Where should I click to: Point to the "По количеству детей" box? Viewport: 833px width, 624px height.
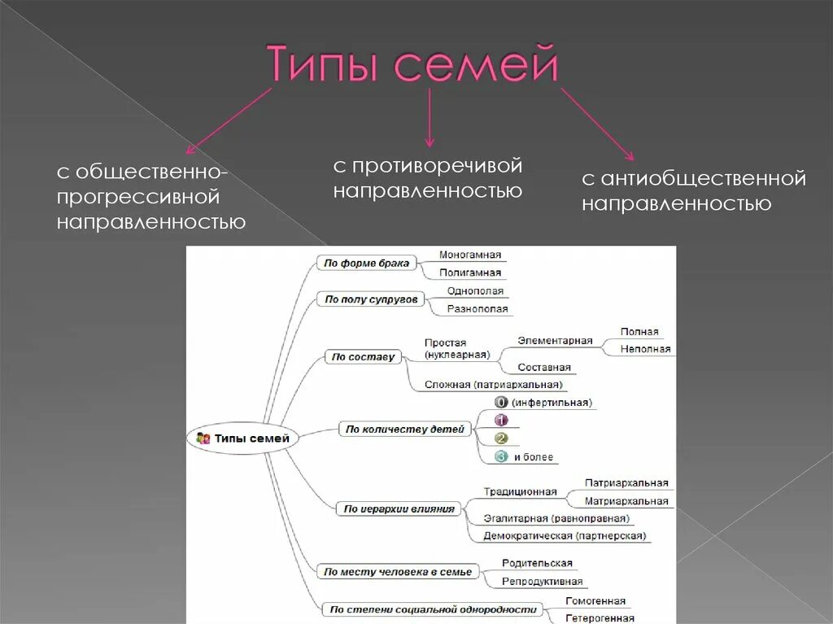pyautogui.click(x=404, y=429)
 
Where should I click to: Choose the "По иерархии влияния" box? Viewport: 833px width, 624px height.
pyautogui.click(x=399, y=508)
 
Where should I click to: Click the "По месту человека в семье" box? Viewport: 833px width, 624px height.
pyautogui.click(x=397, y=572)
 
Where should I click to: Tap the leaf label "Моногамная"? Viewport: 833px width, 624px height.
pyautogui.click(x=470, y=255)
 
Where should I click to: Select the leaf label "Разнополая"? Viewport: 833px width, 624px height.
pyautogui.click(x=478, y=309)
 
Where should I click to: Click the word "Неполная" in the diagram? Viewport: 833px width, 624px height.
pyautogui.click(x=645, y=349)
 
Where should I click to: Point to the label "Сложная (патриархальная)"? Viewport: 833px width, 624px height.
pyautogui.click(x=494, y=385)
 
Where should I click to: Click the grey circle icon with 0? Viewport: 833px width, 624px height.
pyautogui.click(x=501, y=402)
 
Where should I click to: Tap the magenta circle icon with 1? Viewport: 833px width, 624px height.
pyautogui.click(x=501, y=420)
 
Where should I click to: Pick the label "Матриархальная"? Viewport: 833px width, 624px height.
pyautogui.click(x=626, y=501)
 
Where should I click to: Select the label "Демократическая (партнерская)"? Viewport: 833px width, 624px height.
pyautogui.click(x=564, y=536)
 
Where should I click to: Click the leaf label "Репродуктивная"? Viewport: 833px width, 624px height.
pyautogui.click(x=542, y=582)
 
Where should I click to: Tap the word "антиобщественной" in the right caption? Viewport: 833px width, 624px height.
pyautogui.click(x=704, y=178)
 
